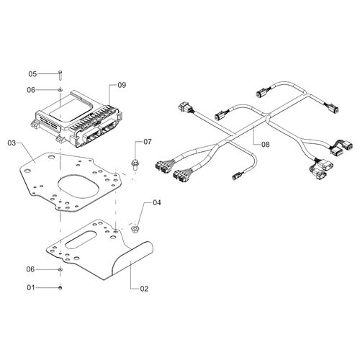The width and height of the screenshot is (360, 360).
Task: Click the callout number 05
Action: (x=32, y=74)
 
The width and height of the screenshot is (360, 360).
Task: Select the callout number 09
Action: (x=122, y=85)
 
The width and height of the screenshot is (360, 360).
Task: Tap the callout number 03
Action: (x=12, y=143)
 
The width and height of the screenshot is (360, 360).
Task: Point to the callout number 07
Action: (x=148, y=142)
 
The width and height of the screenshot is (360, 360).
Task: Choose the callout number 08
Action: (x=266, y=145)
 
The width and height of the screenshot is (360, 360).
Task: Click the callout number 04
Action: (x=157, y=203)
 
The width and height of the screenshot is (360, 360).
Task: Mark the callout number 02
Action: (x=144, y=289)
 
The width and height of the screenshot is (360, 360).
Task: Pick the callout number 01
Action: (x=31, y=287)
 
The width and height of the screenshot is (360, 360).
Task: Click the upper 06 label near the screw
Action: (x=31, y=90)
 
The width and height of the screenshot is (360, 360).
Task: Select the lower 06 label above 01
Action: (x=30, y=269)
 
